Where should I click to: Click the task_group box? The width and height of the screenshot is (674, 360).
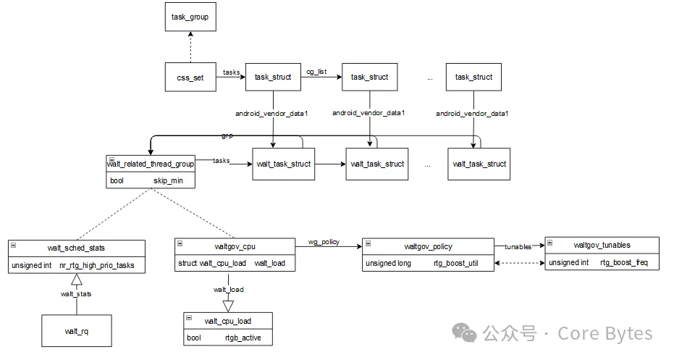190,17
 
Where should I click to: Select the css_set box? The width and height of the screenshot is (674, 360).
190,78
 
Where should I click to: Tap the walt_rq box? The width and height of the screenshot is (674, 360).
76,331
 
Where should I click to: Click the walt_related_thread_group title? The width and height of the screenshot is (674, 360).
150,164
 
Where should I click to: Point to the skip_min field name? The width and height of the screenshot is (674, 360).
166,180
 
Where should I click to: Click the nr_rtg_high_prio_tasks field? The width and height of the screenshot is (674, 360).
97,266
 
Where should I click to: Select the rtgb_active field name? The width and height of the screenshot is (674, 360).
243,338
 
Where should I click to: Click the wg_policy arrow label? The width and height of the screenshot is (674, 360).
324,241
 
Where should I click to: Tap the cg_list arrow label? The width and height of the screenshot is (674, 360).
317,72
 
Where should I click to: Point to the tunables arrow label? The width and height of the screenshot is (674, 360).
518,246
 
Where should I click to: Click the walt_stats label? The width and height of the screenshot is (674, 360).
75,293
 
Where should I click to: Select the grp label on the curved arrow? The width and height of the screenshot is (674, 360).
227,135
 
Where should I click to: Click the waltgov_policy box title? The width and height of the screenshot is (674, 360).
428,246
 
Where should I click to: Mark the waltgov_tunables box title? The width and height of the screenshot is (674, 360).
602,245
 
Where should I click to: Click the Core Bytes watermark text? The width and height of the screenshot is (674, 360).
605,334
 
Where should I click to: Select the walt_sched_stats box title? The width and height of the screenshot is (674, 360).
82,248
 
